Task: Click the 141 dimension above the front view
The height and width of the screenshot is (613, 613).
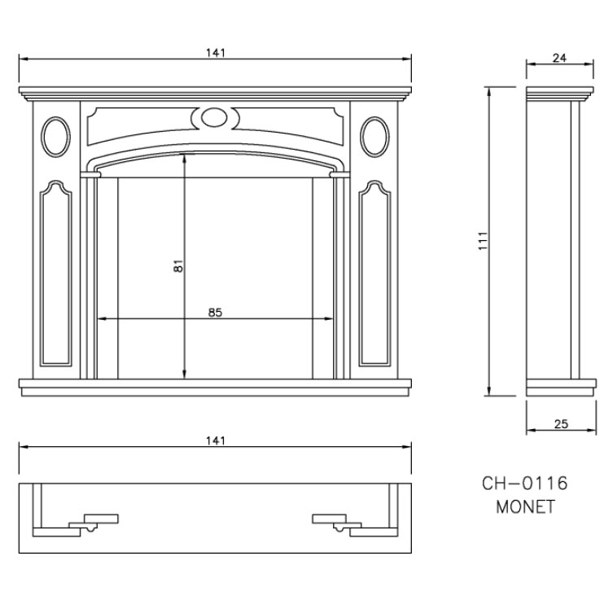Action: coord(216,52)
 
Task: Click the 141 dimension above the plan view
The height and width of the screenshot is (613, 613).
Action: coord(216,441)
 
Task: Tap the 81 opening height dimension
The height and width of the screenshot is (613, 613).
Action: coord(178,266)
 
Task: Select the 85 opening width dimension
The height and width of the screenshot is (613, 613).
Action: coord(215,313)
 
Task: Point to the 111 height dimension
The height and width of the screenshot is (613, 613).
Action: coord(484,241)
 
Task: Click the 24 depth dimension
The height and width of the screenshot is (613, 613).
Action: coord(559,58)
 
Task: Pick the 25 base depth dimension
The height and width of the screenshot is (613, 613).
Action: coord(561,424)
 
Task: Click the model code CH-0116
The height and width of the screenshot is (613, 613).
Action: coord(524,484)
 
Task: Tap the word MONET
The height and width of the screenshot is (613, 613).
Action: coord(525,507)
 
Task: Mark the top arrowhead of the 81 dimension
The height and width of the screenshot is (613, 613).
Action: coord(185,159)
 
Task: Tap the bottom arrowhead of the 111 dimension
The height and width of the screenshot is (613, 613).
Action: coord(488,391)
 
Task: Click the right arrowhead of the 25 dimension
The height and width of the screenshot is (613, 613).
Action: coord(592,431)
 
